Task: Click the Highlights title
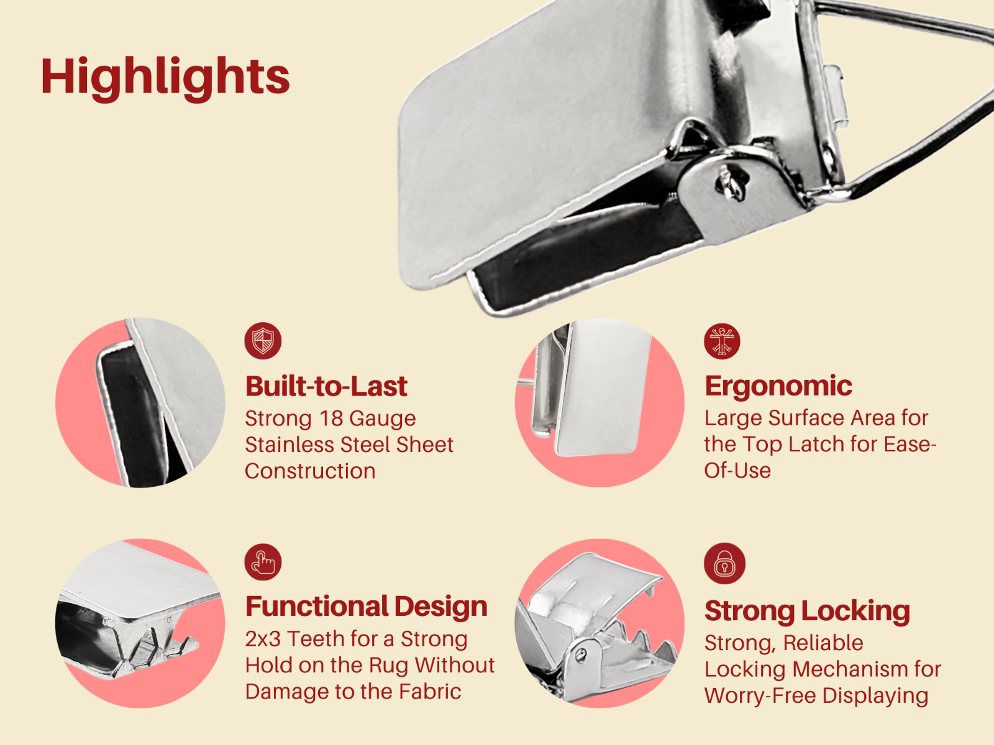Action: [x=165, y=77]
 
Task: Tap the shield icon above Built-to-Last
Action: [x=263, y=341]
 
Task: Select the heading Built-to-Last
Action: [x=326, y=386]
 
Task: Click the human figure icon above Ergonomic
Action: [x=722, y=341]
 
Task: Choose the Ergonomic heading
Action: [x=778, y=386]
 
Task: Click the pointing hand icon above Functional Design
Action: [x=263, y=562]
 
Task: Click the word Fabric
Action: [x=430, y=692]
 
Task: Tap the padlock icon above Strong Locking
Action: [x=724, y=564]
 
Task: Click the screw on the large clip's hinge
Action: [x=724, y=181]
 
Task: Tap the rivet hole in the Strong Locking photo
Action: [x=581, y=654]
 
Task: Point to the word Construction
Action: [x=310, y=471]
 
